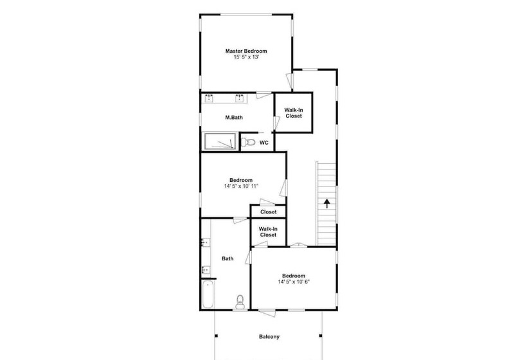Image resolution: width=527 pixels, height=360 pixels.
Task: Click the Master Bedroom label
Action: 246,51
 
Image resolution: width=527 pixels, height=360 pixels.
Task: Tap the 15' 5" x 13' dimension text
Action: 246,57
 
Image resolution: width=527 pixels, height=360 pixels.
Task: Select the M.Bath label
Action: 234,118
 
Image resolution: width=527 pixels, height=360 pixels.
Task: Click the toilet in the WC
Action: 248,143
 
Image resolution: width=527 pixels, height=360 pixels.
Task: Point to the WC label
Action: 264,143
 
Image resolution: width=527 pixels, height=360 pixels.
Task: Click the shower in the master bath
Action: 220,141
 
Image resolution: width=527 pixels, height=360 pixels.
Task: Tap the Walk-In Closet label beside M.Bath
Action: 294,113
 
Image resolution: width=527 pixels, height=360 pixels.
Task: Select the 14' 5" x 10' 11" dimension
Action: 241,186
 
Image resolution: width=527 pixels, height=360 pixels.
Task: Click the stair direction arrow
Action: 326,204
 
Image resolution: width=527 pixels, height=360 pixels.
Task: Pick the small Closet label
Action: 268,212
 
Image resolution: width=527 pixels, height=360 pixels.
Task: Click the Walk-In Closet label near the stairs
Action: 268,232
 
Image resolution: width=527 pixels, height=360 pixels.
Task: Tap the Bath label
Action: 228,259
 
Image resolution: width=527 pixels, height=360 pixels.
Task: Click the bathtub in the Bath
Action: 208,295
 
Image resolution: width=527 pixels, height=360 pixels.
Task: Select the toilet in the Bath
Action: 240,302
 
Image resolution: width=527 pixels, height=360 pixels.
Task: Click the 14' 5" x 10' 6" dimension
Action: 294,282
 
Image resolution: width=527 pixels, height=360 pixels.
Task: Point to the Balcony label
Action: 269,337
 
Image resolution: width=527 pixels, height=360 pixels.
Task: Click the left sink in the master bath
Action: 209,98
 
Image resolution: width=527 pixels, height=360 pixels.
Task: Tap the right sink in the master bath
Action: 239,98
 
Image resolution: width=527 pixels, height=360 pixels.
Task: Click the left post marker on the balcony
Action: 216,336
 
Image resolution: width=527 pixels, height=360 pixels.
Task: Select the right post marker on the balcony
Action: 321,336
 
